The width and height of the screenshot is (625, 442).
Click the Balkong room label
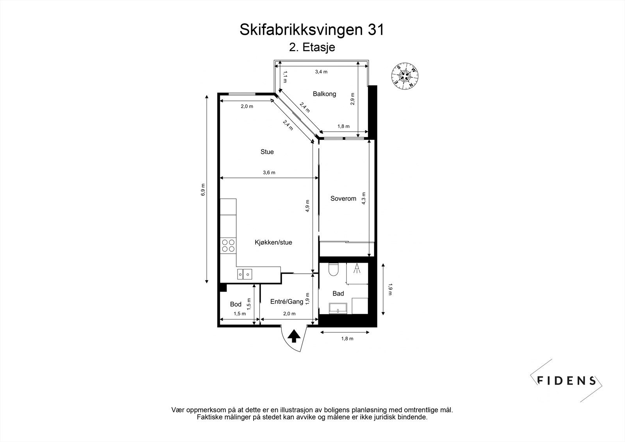coord(324,94)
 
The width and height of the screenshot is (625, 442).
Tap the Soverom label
coord(343,199)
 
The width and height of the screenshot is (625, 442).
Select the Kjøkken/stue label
coord(273,242)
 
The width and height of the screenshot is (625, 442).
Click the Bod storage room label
coord(236,304)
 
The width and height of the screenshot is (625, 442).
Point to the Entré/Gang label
coord(287,302)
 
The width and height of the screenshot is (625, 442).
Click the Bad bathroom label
coord(338,293)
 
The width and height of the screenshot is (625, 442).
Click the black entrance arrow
coord(294,336)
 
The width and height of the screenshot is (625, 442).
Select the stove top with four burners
coord(228,245)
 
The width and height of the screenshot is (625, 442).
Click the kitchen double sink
coord(244,274)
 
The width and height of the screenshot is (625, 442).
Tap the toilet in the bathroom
coord(333,270)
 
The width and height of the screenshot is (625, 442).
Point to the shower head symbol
coord(357,268)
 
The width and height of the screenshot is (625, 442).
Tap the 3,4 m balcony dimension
coord(321,72)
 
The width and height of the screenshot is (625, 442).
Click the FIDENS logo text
coord(567,380)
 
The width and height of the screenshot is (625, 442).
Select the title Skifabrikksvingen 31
coord(312,30)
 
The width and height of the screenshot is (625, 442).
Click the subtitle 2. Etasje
coord(312,48)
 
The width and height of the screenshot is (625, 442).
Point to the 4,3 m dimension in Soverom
coord(364,198)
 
